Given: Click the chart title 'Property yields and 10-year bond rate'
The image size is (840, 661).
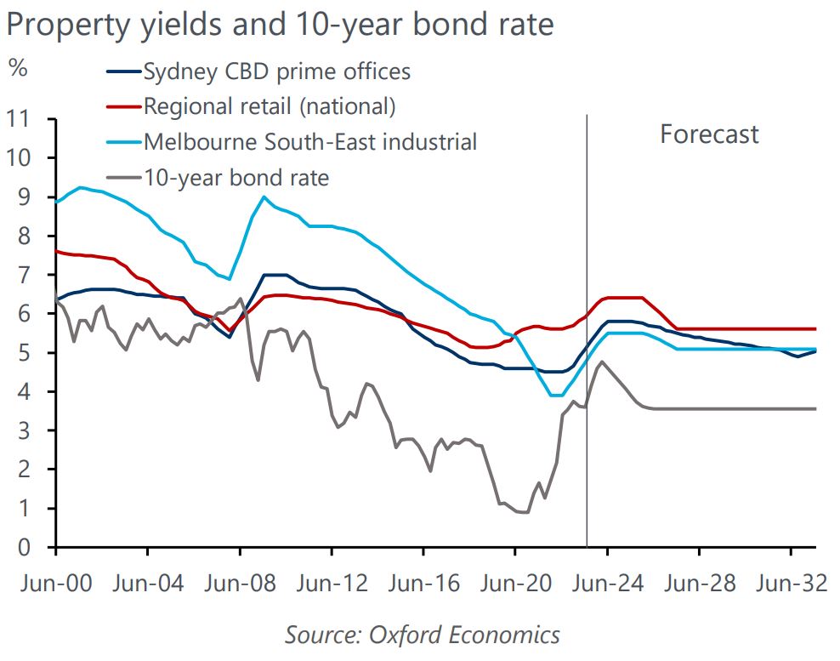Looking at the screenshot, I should click(280, 25).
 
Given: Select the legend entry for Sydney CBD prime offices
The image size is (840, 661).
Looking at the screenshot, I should click(277, 71).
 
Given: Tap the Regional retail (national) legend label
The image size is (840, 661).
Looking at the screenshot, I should click(270, 106).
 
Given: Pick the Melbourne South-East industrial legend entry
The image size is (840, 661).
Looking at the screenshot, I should click(310, 141).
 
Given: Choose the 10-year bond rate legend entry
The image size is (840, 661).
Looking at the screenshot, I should click(236, 177).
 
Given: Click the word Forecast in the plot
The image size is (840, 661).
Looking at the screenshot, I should click(709, 134).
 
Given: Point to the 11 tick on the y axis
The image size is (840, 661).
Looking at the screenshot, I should click(21, 119).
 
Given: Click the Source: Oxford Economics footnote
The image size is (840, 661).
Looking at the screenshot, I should click(423, 635).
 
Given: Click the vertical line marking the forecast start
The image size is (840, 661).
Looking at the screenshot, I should click(587, 340).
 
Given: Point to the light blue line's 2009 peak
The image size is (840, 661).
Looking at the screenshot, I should click(264, 197).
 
